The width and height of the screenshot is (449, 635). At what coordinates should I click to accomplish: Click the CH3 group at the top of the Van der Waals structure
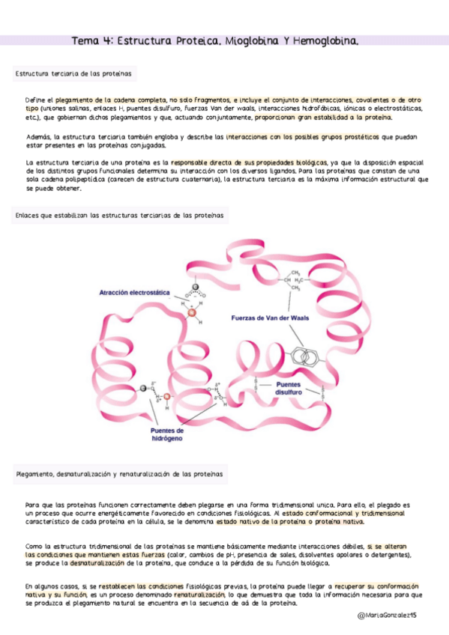295,273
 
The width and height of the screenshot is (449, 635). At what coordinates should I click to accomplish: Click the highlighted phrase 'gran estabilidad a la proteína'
343,118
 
